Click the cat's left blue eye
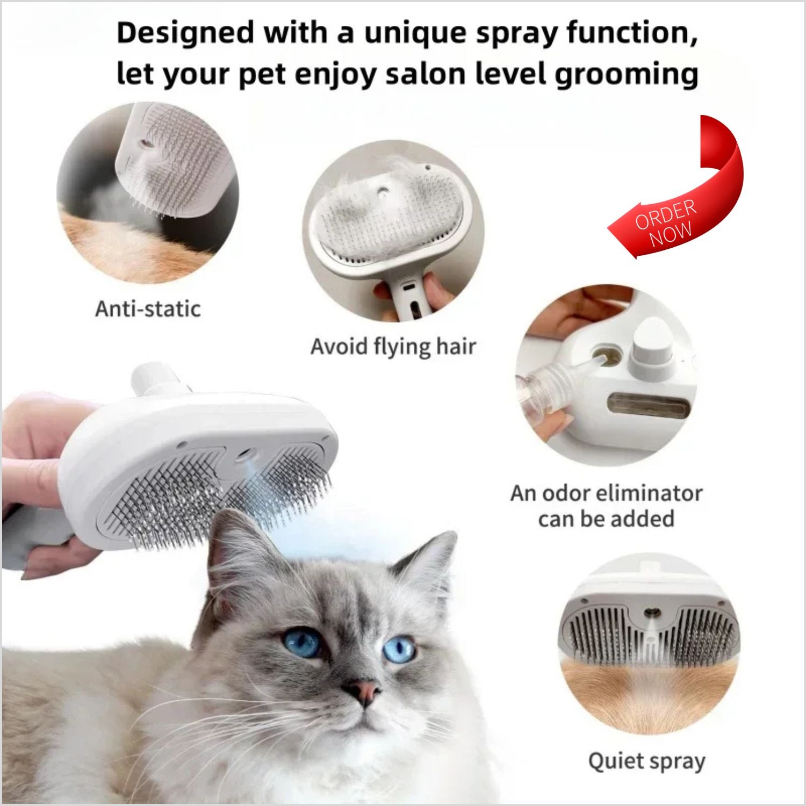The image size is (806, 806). coord(303,643)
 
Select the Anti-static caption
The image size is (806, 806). coord(148,309)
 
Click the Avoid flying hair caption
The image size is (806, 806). coord(393,347)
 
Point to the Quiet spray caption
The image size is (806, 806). coord(646,761)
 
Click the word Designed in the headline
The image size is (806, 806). coord(185,33)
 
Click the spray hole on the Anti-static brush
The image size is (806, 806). coord(144,143)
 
